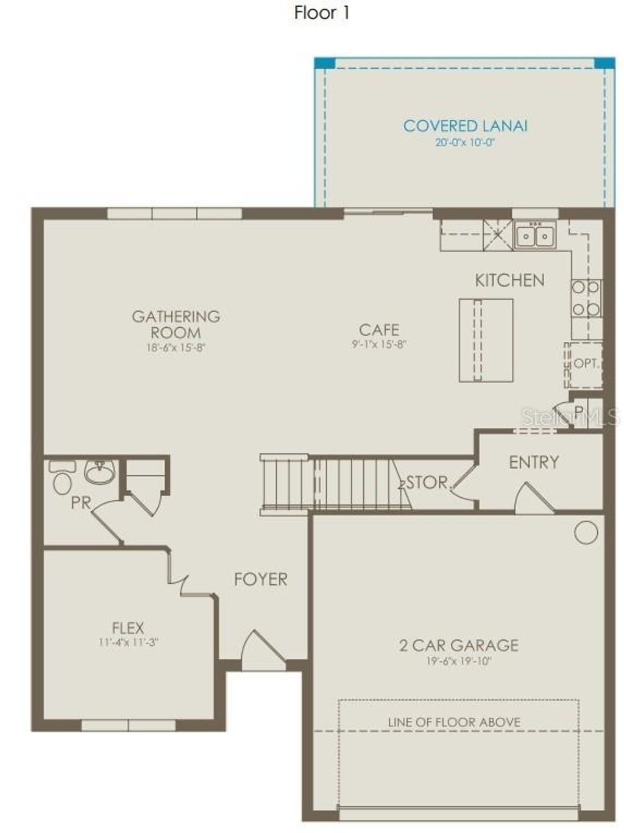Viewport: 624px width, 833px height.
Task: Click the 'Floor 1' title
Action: (322, 13)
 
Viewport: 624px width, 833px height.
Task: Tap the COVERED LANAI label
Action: (465, 126)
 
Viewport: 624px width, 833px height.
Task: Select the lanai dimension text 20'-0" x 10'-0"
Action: (465, 143)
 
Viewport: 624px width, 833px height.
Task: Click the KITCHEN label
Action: (509, 280)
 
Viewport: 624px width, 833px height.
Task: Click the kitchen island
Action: (486, 340)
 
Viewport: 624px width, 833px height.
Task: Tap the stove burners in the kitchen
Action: (586, 299)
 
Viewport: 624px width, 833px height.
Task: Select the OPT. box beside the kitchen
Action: (584, 364)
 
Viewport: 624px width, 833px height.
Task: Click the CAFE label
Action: (379, 330)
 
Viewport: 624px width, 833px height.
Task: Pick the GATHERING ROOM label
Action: (176, 324)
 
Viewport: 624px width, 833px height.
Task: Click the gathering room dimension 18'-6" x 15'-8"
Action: (176, 349)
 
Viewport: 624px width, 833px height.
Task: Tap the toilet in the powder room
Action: (62, 478)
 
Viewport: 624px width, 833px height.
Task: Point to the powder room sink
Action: (99, 472)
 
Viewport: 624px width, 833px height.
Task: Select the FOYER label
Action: (260, 579)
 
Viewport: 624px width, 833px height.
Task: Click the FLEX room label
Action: (128, 628)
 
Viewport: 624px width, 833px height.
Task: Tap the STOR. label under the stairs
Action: (427, 483)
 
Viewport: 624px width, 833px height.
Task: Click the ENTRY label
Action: (534, 463)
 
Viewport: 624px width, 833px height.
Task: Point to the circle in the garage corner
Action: (586, 533)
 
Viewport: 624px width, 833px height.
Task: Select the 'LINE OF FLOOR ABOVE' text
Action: (454, 723)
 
